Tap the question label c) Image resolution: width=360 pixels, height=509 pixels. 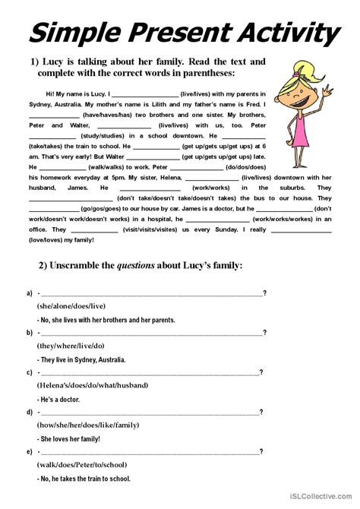coord(29,372)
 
